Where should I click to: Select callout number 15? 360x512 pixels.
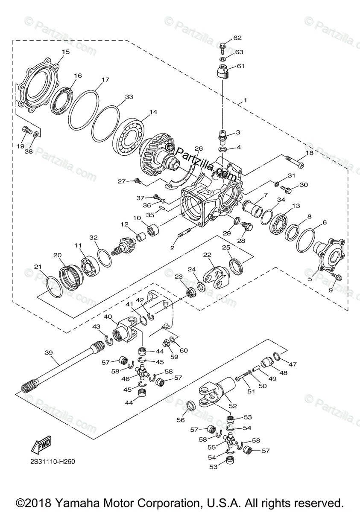(65, 52)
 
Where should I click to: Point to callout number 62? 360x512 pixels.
(237, 38)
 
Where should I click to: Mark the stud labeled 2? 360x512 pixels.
(183, 236)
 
